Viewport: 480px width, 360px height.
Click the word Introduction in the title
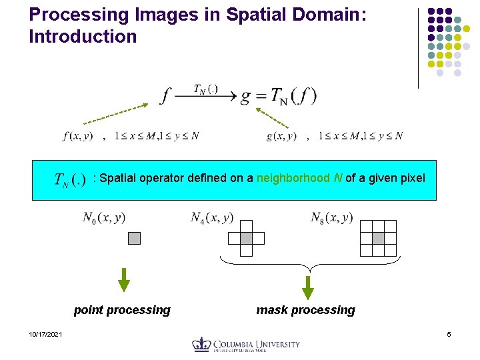[x=83, y=36]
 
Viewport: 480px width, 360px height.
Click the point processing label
[x=122, y=310]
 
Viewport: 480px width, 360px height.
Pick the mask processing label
[x=306, y=310]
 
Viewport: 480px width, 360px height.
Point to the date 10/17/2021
[x=46, y=334]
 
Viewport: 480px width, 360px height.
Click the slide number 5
[x=449, y=334]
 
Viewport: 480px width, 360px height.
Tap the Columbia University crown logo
[x=201, y=345]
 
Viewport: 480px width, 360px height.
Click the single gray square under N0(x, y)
[x=134, y=238]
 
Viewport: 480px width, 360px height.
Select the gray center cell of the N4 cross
[x=246, y=238]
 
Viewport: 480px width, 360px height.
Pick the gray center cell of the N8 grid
[x=379, y=238]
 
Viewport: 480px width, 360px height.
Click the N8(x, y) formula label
[x=332, y=217]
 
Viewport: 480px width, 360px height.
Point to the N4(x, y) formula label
[x=212, y=217]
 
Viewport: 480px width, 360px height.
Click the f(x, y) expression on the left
[x=77, y=137]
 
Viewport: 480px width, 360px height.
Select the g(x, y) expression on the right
[x=281, y=137]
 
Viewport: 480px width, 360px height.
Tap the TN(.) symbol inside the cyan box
[x=70, y=180]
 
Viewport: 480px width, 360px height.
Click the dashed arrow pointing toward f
[x=116, y=114]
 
